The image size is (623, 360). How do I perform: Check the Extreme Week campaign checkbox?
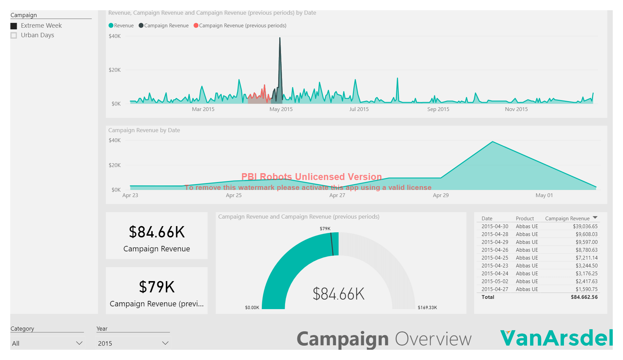point(14,26)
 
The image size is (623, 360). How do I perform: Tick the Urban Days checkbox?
point(14,36)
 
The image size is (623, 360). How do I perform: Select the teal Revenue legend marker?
point(111,26)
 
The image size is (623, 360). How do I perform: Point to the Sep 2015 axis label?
point(438,109)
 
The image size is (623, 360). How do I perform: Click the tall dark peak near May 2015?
point(280,39)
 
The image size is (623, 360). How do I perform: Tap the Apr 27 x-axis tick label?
point(337,195)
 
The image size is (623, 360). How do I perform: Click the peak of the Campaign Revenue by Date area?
point(492,142)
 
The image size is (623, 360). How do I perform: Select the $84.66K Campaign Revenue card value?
point(157,232)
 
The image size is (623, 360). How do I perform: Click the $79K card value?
point(157,287)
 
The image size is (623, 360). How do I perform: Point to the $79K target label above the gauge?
point(325,229)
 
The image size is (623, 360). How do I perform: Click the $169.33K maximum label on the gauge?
point(427,308)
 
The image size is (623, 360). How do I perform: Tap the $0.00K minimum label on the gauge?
point(252,308)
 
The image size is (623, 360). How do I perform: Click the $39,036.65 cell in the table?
point(585,226)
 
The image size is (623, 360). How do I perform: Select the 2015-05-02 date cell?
point(495,281)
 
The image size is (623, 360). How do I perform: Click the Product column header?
point(525,219)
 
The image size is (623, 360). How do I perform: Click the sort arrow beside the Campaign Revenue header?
point(595,218)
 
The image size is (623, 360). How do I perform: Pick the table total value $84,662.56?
point(584,297)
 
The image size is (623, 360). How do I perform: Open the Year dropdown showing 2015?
point(132,343)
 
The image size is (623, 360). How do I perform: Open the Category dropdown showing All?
point(47,343)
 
